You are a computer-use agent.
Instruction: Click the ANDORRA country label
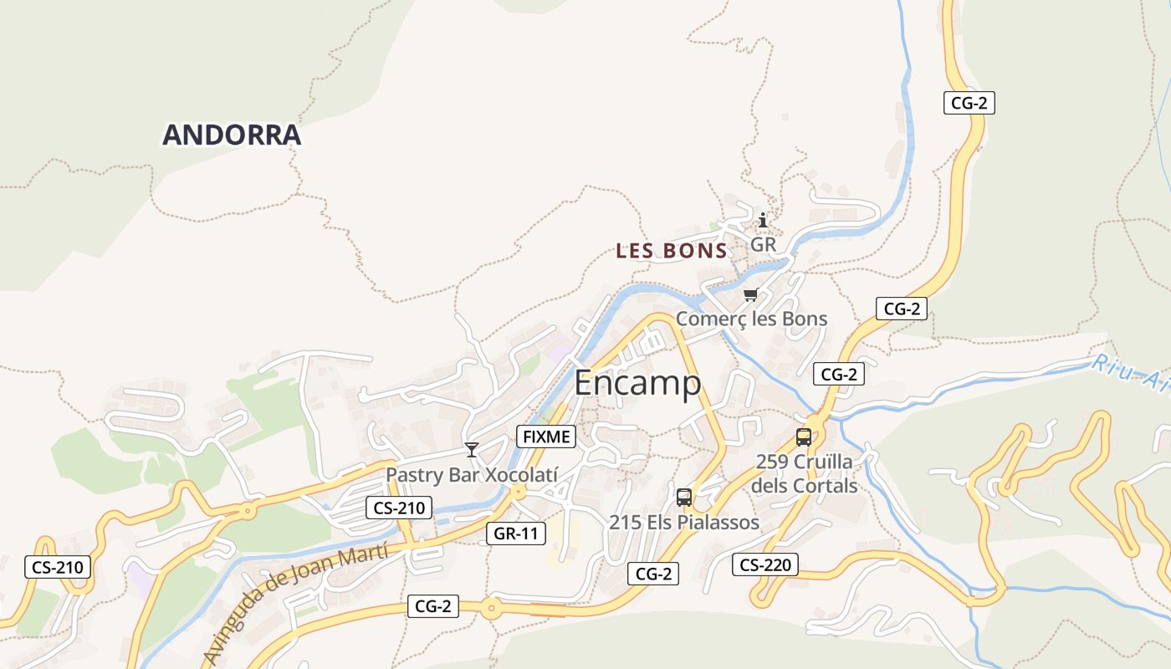[232, 135]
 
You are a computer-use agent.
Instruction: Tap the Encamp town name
[637, 384]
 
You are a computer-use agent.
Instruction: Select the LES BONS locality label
[671, 251]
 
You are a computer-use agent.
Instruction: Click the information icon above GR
[762, 221]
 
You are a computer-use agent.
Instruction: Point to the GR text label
[763, 245]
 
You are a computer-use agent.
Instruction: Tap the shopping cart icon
[750, 295]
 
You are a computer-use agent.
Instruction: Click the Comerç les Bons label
[751, 319]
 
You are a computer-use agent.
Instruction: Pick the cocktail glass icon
[472, 450]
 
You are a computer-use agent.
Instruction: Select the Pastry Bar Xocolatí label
[471, 474]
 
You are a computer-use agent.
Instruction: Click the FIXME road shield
[546, 437]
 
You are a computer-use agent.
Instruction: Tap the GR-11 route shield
[516, 534]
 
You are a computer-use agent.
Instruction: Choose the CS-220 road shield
[764, 564]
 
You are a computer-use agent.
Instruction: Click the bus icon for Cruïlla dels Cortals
[803, 437]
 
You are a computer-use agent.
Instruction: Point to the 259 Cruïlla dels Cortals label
[804, 473]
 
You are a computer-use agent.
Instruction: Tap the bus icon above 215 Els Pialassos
[683, 498]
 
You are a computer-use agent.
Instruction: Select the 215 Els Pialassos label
[683, 523]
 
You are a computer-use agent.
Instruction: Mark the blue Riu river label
[1129, 373]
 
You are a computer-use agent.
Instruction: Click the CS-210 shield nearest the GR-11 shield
[399, 508]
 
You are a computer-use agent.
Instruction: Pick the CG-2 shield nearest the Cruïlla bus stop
[838, 375]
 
